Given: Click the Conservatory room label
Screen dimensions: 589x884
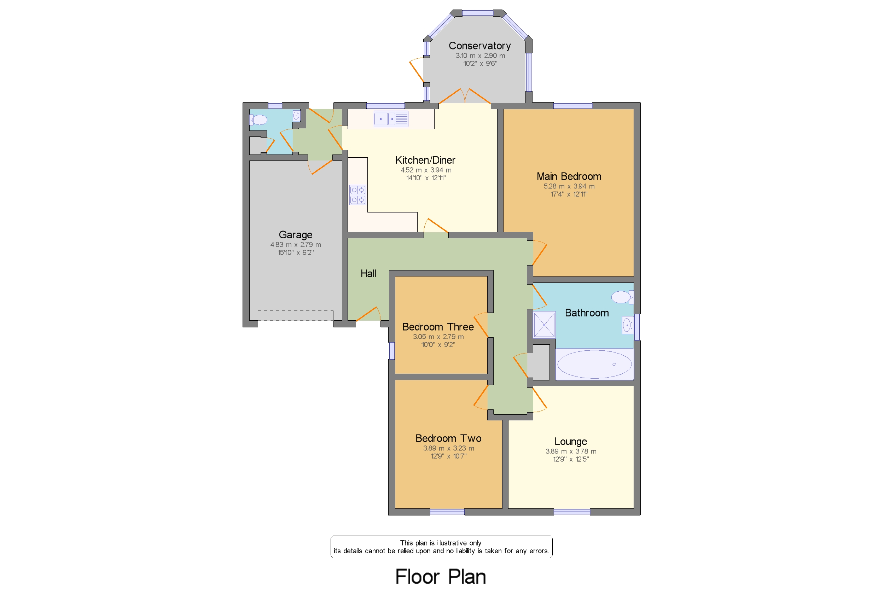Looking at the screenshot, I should tap(479, 46).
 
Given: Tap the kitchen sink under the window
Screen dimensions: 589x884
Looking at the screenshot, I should tap(390, 119).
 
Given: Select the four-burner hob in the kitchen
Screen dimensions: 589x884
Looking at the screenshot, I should tap(357, 194).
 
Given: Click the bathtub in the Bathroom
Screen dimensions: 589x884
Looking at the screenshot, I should tap(594, 364).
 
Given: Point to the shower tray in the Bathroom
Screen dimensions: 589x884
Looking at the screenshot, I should tap(543, 325).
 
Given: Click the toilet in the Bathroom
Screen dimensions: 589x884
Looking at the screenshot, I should tap(622, 297).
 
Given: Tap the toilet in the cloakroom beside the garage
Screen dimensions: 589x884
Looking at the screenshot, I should tap(258, 120).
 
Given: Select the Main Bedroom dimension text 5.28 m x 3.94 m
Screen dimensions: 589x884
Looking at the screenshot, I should tap(569, 186).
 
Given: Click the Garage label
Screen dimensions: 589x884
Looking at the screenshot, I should tap(295, 235).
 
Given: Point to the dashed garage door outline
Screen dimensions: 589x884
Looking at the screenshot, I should tap(295, 315).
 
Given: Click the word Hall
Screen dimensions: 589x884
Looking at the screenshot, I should tap(368, 274).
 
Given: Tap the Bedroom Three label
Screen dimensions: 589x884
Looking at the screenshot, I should tap(438, 327).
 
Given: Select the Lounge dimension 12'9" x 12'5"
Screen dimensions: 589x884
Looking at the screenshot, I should tap(570, 459).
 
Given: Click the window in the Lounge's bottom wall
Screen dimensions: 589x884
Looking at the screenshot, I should tap(571, 512).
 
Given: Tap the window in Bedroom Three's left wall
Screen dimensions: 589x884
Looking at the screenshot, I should tap(391, 350).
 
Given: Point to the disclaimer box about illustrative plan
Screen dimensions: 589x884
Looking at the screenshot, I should tap(441, 547).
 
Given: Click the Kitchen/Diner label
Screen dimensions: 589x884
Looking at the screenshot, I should tap(425, 161).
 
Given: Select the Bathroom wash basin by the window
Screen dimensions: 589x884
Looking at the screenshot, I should tap(627, 325).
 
